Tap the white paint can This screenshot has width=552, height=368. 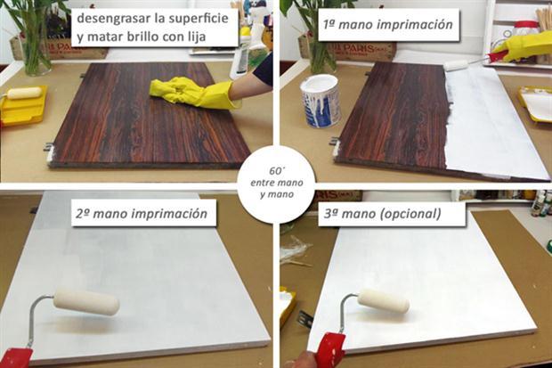coord(320,99)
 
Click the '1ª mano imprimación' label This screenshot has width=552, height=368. coord(389,25)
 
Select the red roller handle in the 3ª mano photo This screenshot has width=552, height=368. coord(329,350)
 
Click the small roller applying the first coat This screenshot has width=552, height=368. coord(457,64)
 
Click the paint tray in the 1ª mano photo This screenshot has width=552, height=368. coord(535,102)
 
